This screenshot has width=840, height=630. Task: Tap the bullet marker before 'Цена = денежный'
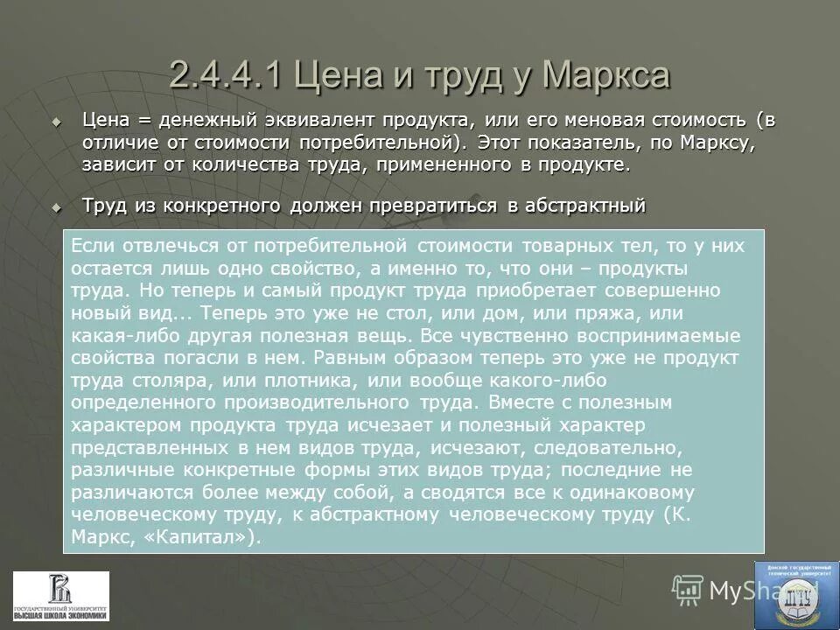(x=58, y=120)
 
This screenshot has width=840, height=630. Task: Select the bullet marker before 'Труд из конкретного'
(x=58, y=207)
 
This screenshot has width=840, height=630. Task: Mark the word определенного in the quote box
(x=144, y=403)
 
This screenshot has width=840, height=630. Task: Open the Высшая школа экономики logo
(x=61, y=596)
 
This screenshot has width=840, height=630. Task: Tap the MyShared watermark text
(x=744, y=591)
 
